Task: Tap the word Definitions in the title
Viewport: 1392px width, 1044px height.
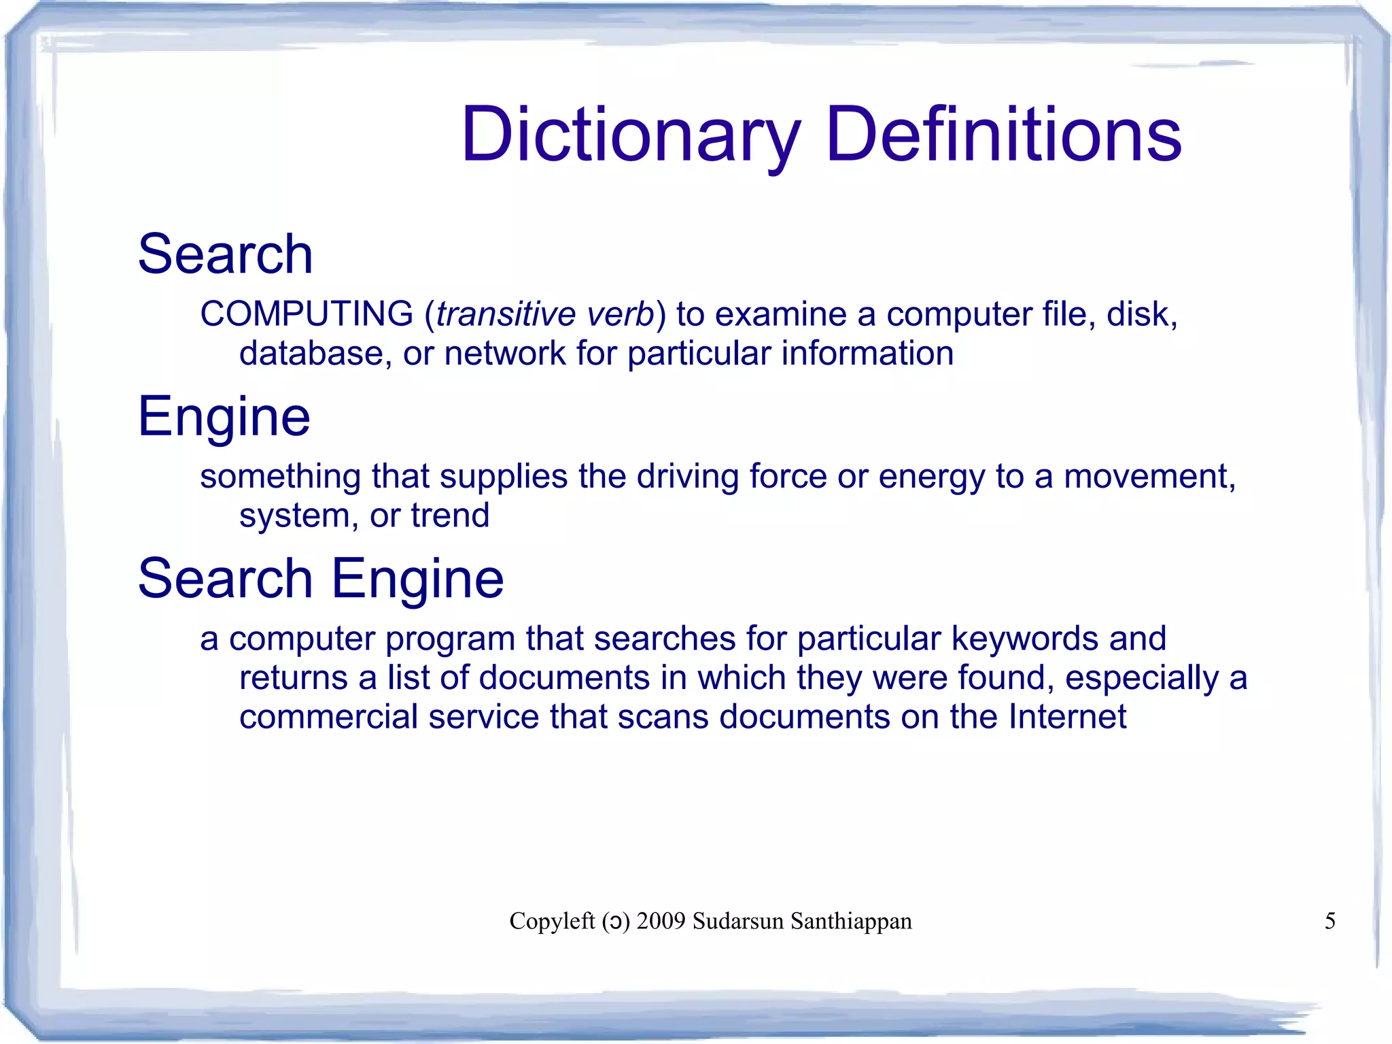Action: [x=1004, y=135]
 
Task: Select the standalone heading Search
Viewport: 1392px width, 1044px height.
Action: [x=225, y=254]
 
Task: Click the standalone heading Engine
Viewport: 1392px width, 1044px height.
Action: [x=224, y=416]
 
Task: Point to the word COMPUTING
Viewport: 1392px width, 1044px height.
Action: [x=307, y=314]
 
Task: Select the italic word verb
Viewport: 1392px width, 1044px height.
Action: [x=620, y=314]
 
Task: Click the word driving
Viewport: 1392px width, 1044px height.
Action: [x=687, y=476]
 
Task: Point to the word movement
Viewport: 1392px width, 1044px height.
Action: [x=1149, y=476]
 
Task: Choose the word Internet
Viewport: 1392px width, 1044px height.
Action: [x=1067, y=717]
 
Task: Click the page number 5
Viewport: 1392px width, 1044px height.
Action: [x=1330, y=921]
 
